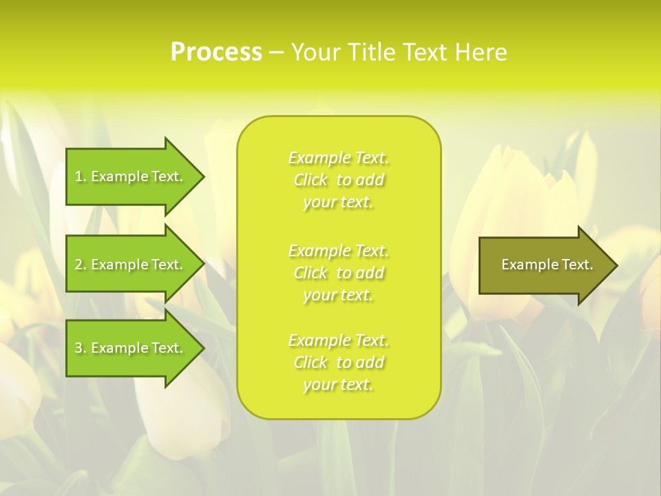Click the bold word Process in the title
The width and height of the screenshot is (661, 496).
[x=216, y=52]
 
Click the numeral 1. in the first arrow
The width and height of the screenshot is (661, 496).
[x=81, y=177]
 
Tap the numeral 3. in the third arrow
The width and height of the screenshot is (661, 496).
[x=81, y=349]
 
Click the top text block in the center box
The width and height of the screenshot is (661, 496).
[x=338, y=180]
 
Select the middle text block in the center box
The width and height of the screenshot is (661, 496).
[x=338, y=273]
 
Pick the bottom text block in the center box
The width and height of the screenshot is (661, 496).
[x=338, y=362]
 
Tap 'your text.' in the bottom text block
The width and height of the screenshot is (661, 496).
[x=338, y=385]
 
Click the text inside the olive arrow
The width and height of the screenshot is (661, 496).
[x=547, y=265]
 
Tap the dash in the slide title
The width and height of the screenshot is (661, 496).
[x=276, y=53]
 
